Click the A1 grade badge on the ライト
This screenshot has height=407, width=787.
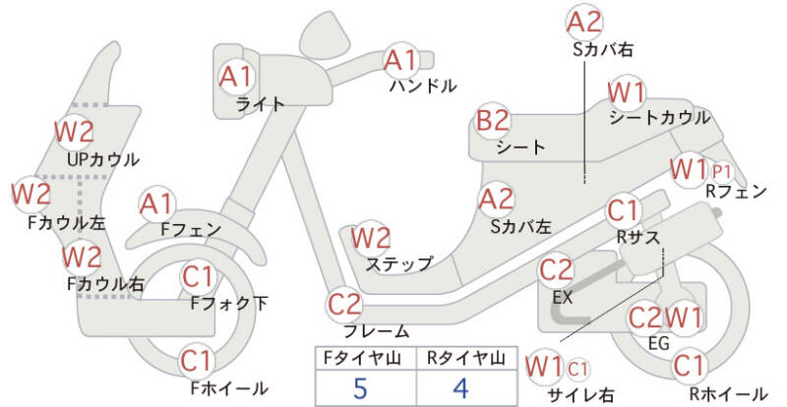pos(236,78)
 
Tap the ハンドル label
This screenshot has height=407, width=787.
pos(424,87)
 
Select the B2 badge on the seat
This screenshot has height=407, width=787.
pos(493,121)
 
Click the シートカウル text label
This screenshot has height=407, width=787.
pos(659,117)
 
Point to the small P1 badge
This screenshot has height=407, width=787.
pos(721,172)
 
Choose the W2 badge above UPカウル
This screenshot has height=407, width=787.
pos(74,132)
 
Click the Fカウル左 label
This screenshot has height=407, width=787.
pos(67,223)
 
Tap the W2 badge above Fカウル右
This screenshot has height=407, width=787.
pos(82,258)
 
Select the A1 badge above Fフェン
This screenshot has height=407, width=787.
pos(156,204)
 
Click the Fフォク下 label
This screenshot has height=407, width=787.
pos(229,303)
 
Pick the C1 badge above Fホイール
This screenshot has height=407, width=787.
pos(198,362)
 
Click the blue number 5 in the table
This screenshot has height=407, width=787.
pos(360,388)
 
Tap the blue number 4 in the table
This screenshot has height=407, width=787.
pos(460,388)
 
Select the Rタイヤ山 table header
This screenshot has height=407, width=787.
pos(466,358)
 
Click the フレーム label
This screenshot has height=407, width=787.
pos(377,331)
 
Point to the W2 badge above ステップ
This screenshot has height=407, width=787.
pos(371,238)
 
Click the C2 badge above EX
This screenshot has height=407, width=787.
pos(556,270)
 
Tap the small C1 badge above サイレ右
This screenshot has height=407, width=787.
pos(577,370)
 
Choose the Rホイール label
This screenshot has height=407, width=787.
pos(728,394)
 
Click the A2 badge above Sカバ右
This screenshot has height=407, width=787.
pos(583,23)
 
